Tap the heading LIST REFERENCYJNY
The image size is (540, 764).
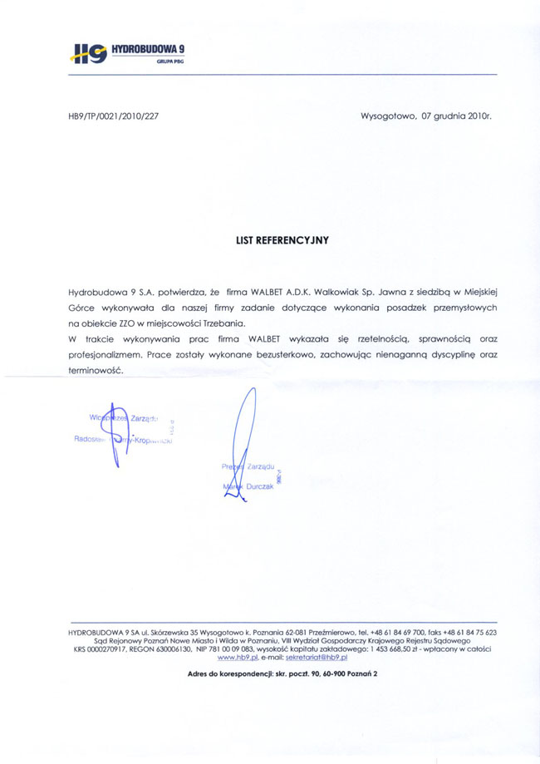pyautogui.click(x=282, y=239)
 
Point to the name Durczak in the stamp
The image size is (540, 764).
pyautogui.click(x=257, y=486)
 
